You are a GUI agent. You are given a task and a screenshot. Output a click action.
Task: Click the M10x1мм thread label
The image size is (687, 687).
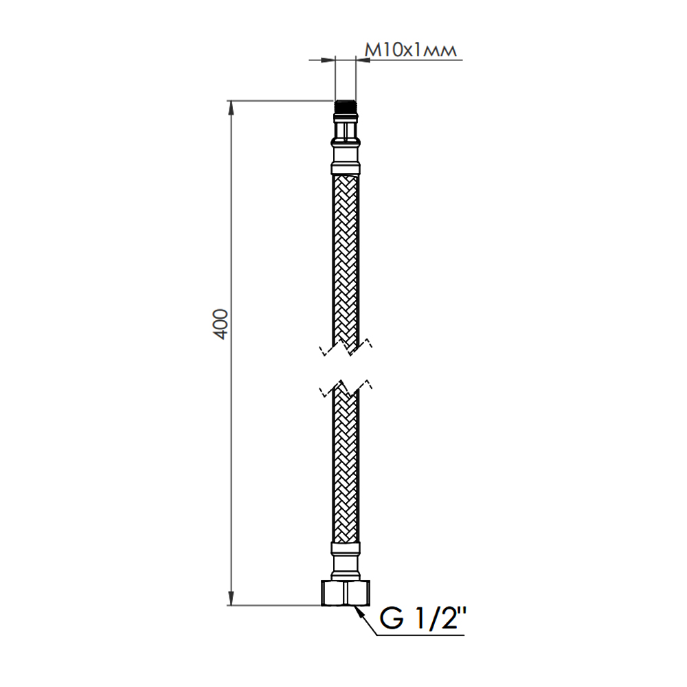(411, 50)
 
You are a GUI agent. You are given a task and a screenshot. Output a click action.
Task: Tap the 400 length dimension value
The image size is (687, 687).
(221, 324)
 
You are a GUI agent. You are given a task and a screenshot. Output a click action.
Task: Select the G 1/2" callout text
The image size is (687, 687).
(423, 619)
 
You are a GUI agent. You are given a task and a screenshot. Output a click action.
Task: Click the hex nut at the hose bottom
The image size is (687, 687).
(346, 593)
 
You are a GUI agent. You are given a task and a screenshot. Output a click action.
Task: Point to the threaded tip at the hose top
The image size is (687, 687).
(346, 108)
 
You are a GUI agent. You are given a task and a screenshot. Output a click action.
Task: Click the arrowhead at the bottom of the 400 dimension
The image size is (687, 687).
(230, 598)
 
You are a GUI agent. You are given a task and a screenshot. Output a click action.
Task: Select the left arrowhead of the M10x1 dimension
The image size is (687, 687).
(328, 60)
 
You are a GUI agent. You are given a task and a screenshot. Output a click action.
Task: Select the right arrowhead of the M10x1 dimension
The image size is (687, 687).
(363, 60)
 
